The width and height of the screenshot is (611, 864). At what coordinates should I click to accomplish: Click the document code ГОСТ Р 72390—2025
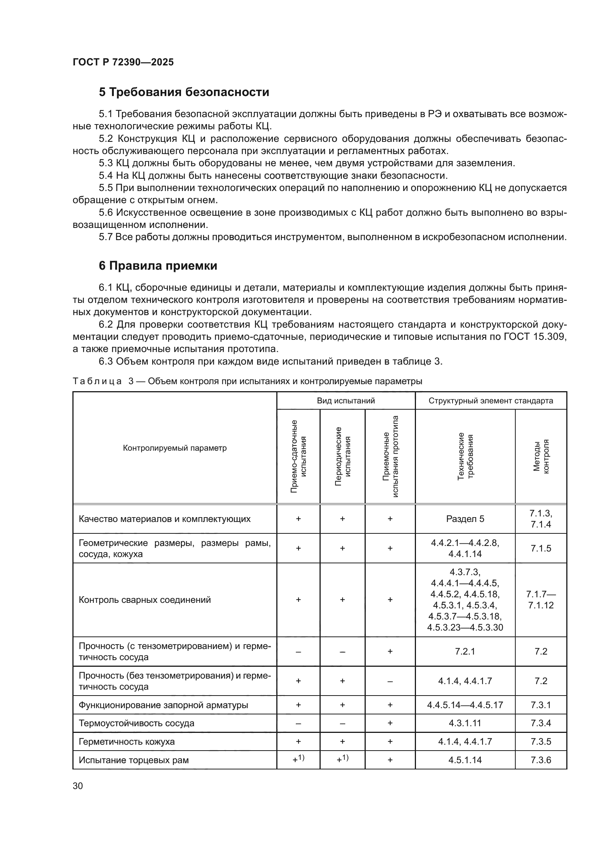123,62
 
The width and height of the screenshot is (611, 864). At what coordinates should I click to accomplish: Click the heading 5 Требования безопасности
184,92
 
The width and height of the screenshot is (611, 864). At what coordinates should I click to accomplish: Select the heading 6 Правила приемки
158,266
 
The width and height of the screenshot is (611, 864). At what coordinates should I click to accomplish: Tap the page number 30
78,786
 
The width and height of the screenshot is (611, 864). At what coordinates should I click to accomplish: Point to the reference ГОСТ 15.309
535,337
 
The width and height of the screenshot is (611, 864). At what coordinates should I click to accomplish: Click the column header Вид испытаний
346,400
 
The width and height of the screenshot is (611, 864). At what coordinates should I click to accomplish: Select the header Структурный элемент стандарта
491,400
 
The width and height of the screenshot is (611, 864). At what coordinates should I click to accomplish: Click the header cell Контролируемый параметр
175,448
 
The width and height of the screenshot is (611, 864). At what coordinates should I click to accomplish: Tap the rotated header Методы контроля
541,457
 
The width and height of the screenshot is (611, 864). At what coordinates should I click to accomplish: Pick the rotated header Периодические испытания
342,457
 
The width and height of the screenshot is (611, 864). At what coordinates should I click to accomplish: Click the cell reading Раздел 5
465,519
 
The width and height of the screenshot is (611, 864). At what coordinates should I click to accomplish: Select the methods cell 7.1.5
541,548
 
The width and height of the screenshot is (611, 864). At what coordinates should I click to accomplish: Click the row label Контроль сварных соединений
144,600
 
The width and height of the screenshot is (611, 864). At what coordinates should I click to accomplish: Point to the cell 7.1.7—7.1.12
541,600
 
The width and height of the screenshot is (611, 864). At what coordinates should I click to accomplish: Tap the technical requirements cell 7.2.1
465,651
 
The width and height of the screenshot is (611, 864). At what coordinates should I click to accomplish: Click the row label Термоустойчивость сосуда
136,723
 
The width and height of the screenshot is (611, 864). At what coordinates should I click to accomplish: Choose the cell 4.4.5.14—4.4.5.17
465,705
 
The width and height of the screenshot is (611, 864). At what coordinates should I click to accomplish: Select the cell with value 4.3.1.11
465,723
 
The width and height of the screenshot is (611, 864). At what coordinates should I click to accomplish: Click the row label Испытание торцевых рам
134,760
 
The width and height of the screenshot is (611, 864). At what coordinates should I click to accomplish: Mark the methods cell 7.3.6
541,760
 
